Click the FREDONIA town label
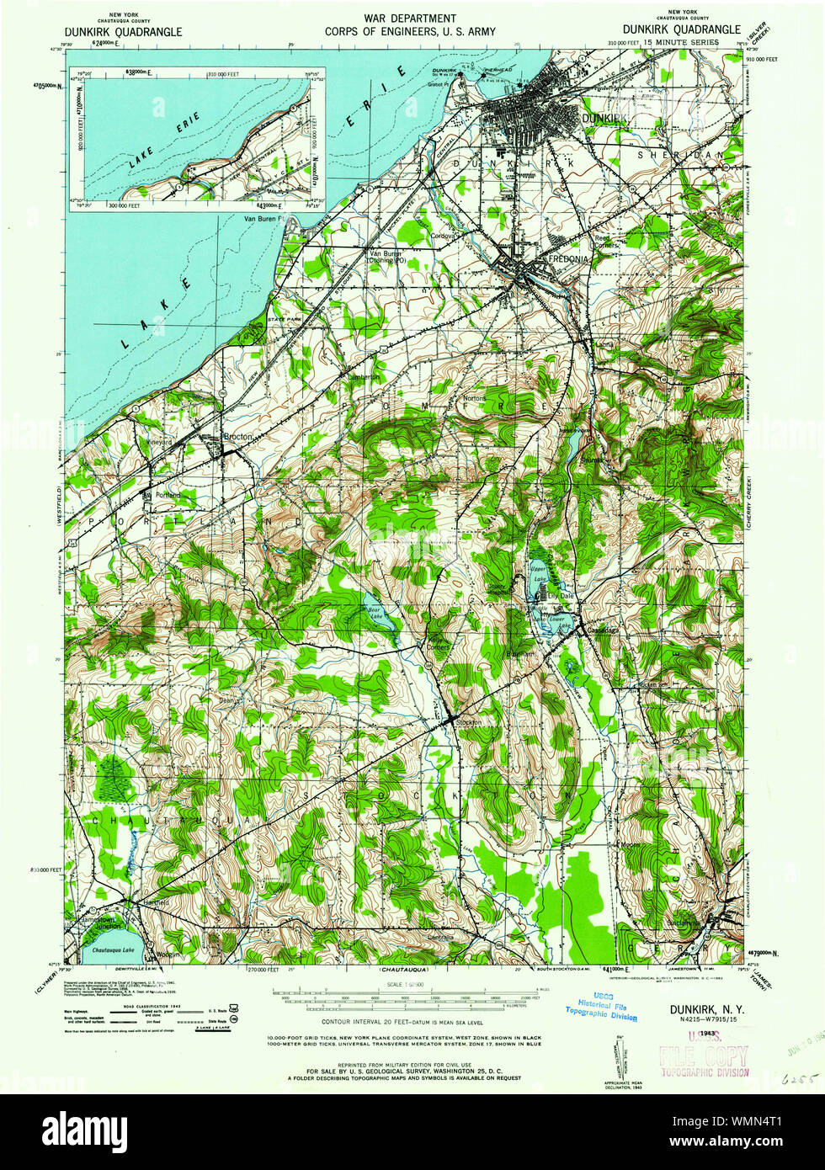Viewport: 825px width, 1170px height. click(x=570, y=259)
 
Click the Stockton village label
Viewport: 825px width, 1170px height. click(x=468, y=722)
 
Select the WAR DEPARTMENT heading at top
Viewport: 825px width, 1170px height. click(x=411, y=19)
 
